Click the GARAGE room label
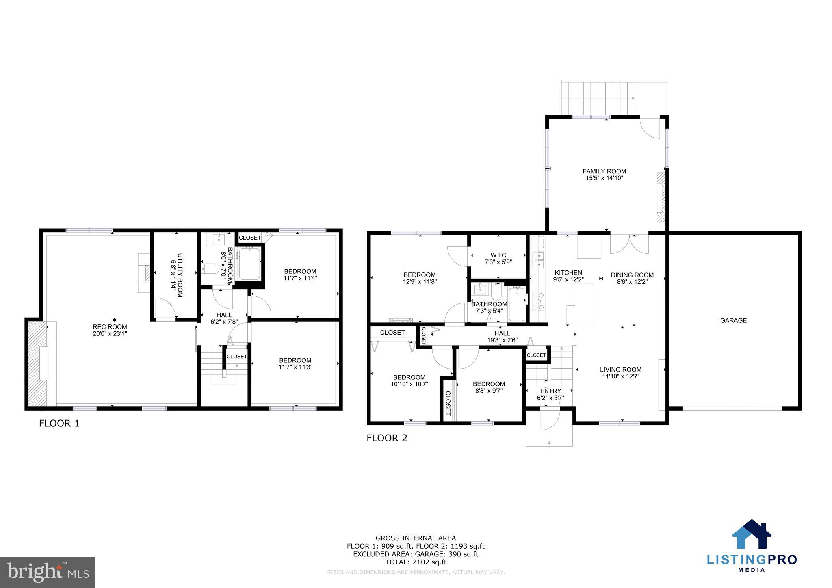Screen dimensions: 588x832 pos(733,320)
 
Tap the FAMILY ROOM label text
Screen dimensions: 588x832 pos(604,171)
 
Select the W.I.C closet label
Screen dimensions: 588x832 pos(498,255)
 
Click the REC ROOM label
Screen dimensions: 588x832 pos(110,326)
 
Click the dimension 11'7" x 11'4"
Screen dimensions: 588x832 pos(300,278)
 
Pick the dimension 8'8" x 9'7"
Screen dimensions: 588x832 pos(489,391)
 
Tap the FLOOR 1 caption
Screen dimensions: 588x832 pos(59,424)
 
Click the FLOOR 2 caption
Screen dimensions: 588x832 pos(387,438)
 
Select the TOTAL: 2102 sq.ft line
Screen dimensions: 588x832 pos(416,562)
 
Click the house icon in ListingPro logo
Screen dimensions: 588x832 pos(751,534)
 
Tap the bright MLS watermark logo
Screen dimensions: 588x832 pos(48,572)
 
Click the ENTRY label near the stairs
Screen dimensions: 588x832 pos(550,391)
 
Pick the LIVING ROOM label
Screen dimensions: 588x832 pos(620,370)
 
